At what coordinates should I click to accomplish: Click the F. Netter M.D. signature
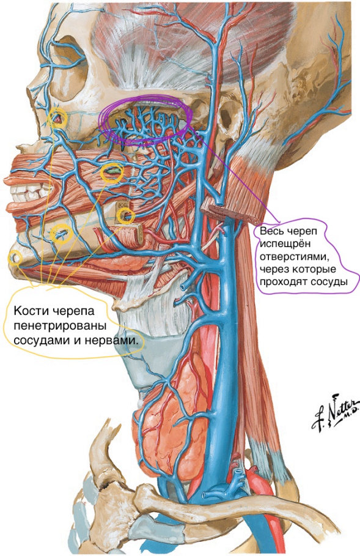[x=335, y=413]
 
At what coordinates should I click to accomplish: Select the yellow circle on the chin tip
[x=15, y=258]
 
